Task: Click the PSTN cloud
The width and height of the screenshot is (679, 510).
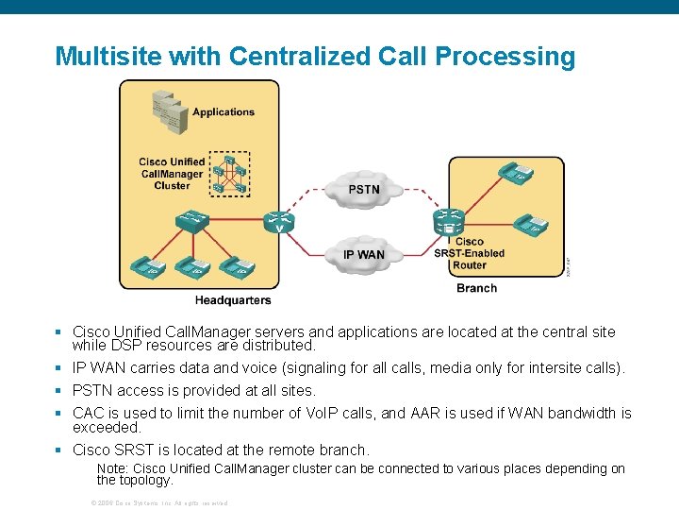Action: [363, 190]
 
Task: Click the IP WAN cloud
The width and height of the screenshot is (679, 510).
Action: [363, 254]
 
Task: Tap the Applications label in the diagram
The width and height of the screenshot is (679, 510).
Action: [224, 112]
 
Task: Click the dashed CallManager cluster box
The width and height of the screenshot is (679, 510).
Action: [229, 174]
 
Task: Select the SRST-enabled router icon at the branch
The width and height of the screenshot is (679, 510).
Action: [448, 222]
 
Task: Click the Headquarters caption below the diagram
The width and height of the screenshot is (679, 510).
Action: [233, 300]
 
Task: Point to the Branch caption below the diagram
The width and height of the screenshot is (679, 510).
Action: [476, 288]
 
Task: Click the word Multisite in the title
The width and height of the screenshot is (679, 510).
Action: [108, 57]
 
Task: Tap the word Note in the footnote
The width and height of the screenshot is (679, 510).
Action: [112, 468]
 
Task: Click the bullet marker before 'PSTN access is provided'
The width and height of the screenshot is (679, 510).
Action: [58, 390]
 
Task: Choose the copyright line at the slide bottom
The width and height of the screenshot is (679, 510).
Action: [158, 502]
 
